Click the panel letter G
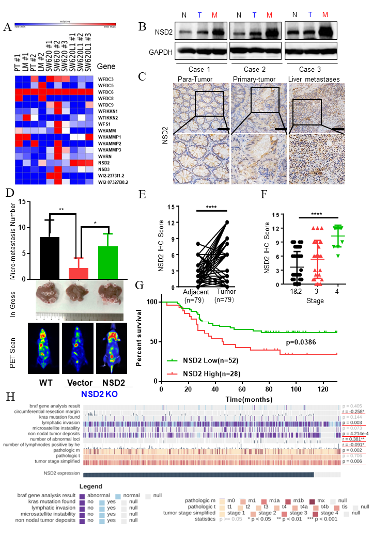(139, 285)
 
